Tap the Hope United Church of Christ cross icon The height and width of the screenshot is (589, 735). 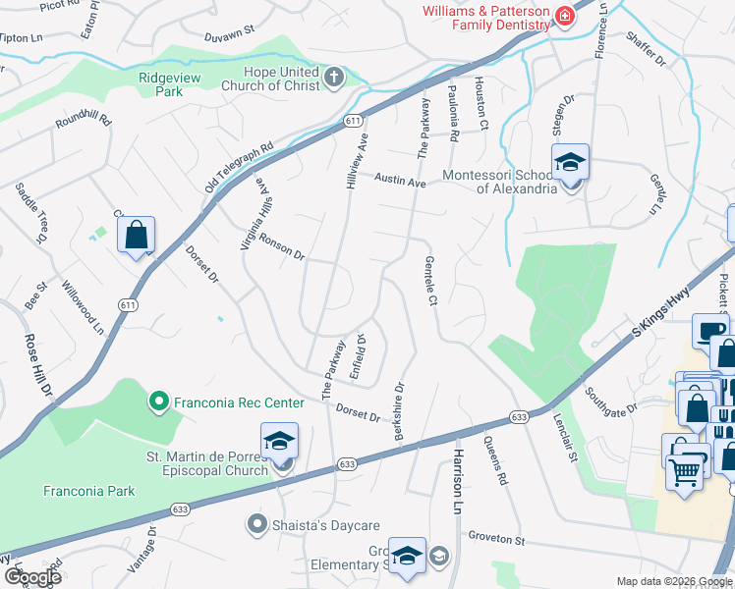pyautogui.click(x=334, y=78)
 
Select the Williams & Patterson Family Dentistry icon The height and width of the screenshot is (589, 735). pyautogui.click(x=565, y=16)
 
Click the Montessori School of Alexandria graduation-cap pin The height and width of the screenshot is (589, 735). pyautogui.click(x=569, y=162)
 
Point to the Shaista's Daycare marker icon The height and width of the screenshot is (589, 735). pyautogui.click(x=257, y=524)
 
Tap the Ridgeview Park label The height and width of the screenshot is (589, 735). pyautogui.click(x=162, y=83)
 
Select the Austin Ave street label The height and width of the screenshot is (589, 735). pyautogui.click(x=400, y=182)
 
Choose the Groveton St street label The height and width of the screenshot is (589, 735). pyautogui.click(x=497, y=540)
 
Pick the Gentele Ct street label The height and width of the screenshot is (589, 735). pyautogui.click(x=430, y=281)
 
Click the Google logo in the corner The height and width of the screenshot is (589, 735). pyautogui.click(x=32, y=576)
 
